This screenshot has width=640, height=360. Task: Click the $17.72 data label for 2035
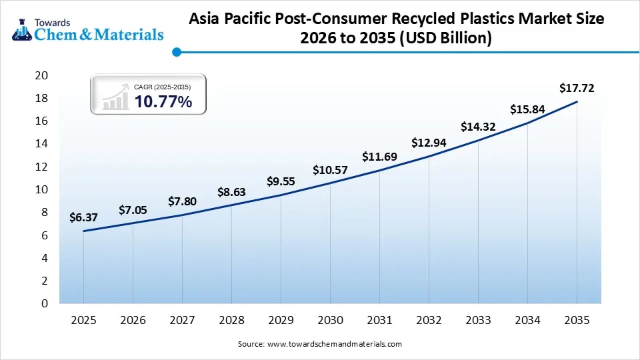pyautogui.click(x=576, y=87)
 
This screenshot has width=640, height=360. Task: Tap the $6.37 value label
pyautogui.click(x=83, y=217)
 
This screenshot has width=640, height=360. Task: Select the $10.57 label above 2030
pyautogui.click(x=330, y=170)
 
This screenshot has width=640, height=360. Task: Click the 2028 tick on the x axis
pyautogui.click(x=231, y=321)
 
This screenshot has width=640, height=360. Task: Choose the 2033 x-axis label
pyautogui.click(x=478, y=321)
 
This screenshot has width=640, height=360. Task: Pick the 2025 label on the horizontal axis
pyautogui.click(x=83, y=321)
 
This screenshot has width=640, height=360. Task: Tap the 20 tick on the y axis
pyautogui.click(x=41, y=76)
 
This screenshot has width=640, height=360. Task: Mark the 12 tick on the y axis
pyautogui.click(x=41, y=167)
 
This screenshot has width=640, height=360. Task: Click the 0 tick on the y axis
pyautogui.click(x=45, y=304)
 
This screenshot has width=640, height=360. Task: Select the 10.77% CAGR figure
pyautogui.click(x=163, y=102)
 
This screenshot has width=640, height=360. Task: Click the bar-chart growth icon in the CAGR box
pyautogui.click(x=115, y=98)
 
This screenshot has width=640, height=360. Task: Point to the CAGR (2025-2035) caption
pyautogui.click(x=163, y=87)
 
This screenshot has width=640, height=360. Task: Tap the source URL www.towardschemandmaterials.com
pyautogui.click(x=335, y=344)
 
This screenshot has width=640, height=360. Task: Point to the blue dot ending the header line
pyautogui.click(x=176, y=51)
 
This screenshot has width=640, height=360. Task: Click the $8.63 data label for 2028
pyautogui.click(x=231, y=192)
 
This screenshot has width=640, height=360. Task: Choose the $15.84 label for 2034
pyautogui.click(x=527, y=109)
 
